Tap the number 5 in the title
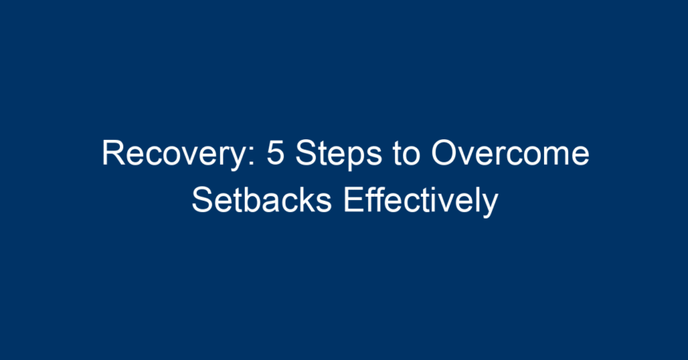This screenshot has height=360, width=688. (275, 154)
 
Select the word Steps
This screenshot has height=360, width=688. (338, 154)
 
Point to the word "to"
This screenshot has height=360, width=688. (406, 154)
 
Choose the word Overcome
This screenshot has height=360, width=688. (510, 153)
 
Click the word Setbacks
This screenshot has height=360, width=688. (262, 199)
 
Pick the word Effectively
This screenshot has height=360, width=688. (421, 201)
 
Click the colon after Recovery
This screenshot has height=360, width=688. (252, 157)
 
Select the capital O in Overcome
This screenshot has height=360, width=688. (444, 154)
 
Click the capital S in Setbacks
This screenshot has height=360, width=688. (202, 200)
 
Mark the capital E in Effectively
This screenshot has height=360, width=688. (354, 200)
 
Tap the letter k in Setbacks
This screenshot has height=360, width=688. (305, 200)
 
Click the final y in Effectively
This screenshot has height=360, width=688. (490, 206)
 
